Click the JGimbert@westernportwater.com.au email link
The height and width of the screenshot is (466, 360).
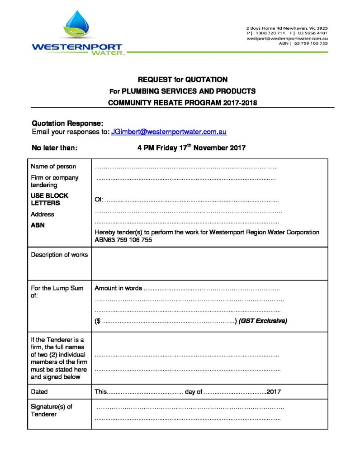coord(169,132)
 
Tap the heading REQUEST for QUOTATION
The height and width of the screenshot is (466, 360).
coord(182,80)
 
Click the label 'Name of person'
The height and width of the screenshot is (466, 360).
coord(53,166)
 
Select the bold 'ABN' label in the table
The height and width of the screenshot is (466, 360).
coord(38,225)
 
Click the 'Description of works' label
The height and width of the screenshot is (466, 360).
coord(59,255)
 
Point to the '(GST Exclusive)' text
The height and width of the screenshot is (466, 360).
coord(263,321)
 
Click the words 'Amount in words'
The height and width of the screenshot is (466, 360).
coord(118,288)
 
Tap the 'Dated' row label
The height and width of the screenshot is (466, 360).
coord(39,391)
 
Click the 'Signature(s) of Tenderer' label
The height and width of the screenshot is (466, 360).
coord(51,410)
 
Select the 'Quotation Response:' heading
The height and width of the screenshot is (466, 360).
coord(67,124)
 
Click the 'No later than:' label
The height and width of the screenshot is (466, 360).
coord(55,147)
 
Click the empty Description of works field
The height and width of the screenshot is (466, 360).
coord(209,263)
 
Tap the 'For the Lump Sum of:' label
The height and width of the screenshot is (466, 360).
coord(57,292)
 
